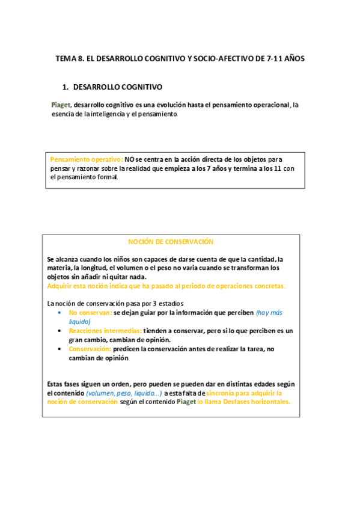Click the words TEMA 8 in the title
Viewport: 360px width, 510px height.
point(70,59)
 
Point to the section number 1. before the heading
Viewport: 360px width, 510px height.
point(66,87)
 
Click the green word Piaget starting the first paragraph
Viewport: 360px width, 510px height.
point(61,105)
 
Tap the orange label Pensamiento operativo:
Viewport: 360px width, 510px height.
point(87,159)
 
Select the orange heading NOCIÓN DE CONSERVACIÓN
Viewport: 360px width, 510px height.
point(171,241)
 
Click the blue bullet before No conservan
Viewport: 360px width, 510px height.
point(59,313)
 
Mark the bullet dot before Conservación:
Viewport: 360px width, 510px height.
point(59,349)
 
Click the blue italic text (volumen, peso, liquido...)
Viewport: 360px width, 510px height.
point(123,393)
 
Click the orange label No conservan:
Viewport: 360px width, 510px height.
point(90,313)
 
